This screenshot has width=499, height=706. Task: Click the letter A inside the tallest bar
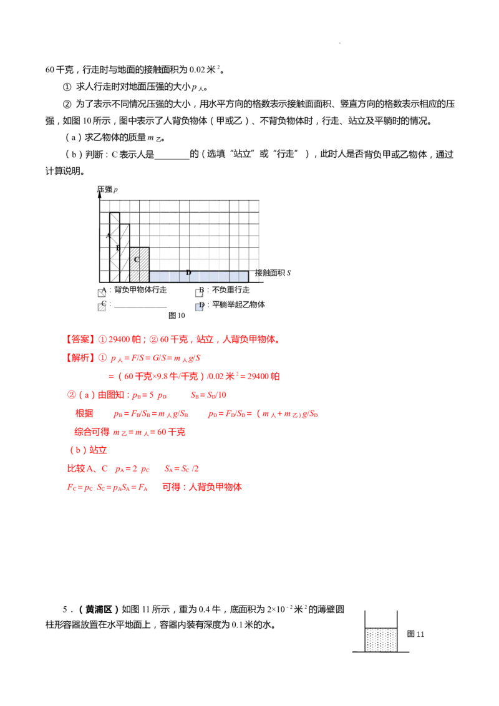(108, 236)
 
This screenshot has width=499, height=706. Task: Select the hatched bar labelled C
(139, 264)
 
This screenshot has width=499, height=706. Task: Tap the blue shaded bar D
(198, 276)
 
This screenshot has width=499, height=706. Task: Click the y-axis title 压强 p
(108, 190)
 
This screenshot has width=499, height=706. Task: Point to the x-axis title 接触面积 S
(273, 273)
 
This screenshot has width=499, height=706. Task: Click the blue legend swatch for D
(198, 307)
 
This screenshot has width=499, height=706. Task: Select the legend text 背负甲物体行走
(140, 290)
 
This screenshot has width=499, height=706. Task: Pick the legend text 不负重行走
(231, 290)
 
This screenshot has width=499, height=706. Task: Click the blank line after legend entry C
(140, 307)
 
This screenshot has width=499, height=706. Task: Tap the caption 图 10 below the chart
(177, 316)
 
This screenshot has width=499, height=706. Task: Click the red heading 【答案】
(80, 339)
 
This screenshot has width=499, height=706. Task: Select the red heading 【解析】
(80, 358)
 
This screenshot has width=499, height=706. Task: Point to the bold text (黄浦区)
(99, 609)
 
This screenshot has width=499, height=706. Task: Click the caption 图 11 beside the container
(415, 634)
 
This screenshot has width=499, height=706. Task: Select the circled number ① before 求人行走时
(67, 87)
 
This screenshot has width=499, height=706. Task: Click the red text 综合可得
(92, 432)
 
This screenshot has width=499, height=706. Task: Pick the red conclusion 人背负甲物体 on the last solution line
(215, 486)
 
